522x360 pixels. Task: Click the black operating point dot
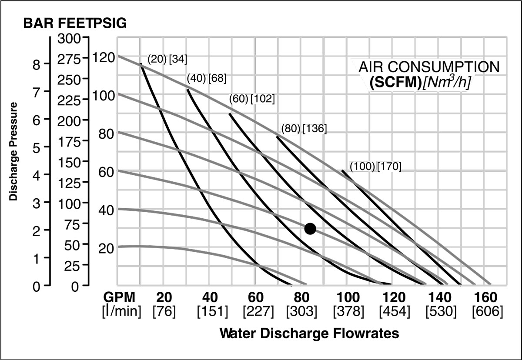(x=310, y=228)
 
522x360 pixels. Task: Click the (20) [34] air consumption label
(x=167, y=60)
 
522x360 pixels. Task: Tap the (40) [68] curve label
(x=206, y=79)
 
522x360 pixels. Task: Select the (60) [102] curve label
(x=252, y=99)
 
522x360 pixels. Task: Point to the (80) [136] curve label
(x=304, y=129)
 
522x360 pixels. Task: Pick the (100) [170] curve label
(x=375, y=166)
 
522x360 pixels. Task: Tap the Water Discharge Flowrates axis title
(x=309, y=333)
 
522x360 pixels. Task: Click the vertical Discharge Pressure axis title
(x=13, y=151)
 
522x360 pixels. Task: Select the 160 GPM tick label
(x=486, y=298)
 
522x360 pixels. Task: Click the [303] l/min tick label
(x=301, y=311)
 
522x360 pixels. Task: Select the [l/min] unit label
(x=121, y=311)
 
